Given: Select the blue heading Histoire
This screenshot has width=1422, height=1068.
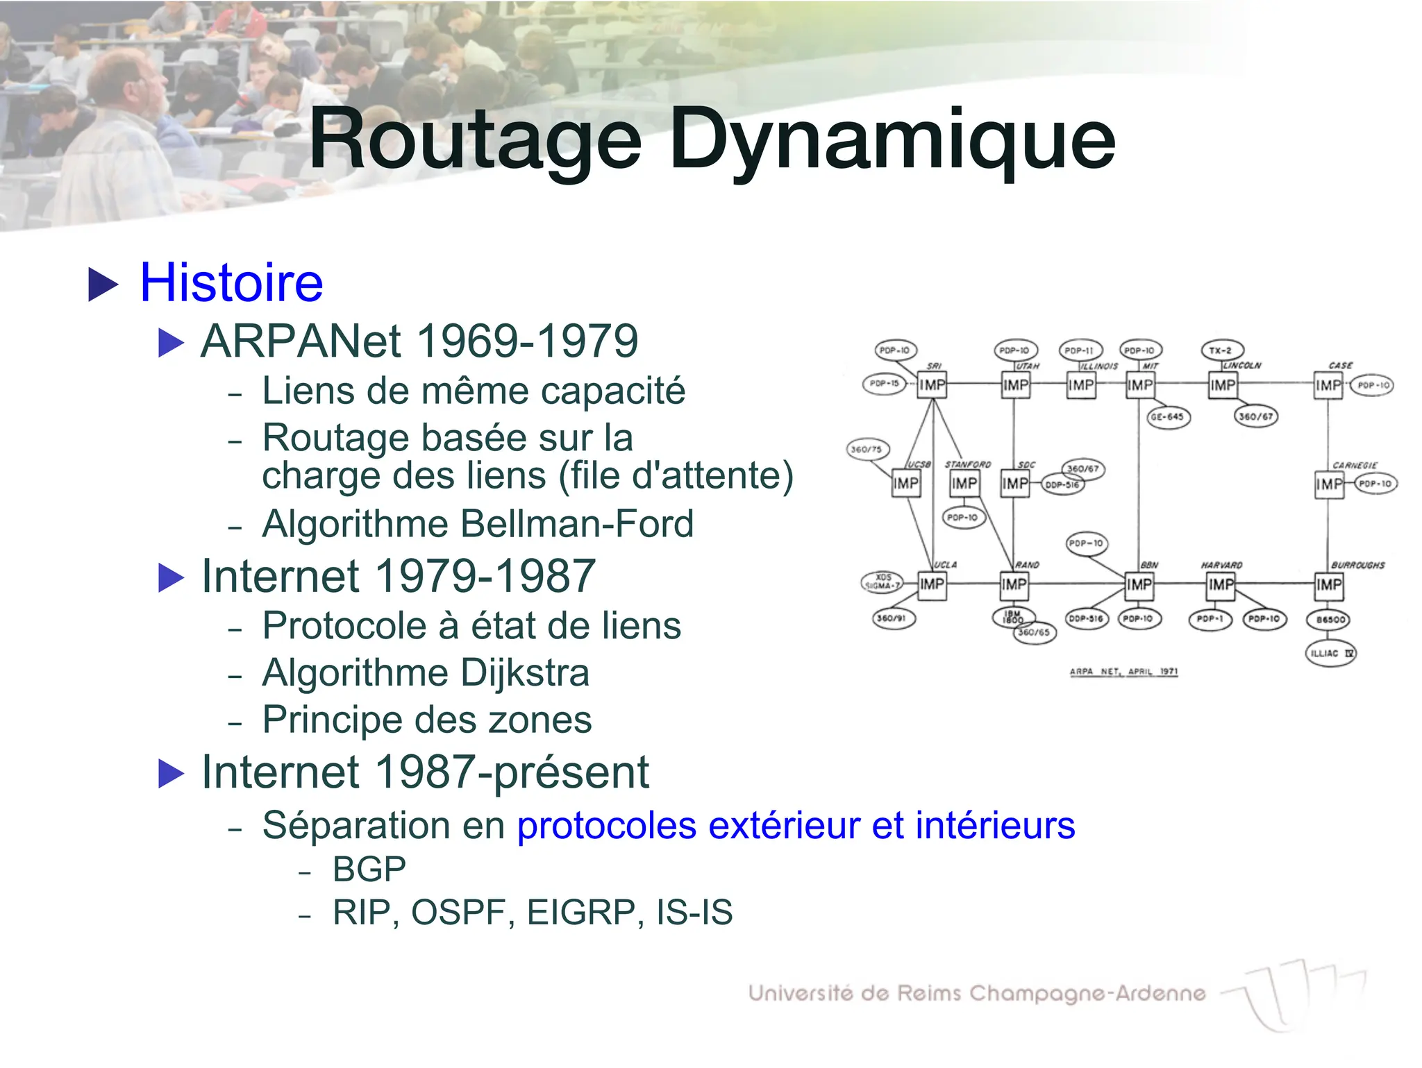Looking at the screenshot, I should pos(231,283).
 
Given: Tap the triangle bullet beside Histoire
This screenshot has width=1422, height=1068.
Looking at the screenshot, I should pos(103,285).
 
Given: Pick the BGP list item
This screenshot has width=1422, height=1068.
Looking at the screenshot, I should pos(369,870).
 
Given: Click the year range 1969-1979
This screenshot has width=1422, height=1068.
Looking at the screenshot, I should pos(527,341).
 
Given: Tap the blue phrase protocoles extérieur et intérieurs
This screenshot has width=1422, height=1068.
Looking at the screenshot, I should pos(796,826).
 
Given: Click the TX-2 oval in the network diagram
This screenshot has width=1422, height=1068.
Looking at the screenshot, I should pos(1222,350).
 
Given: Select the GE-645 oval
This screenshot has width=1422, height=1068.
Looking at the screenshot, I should pos(1167,417).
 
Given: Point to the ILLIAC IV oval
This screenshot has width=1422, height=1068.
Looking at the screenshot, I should pos(1330,654).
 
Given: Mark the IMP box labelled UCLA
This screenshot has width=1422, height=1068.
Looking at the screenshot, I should pos(932,585).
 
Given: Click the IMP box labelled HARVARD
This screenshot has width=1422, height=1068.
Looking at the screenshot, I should pos(1221,585).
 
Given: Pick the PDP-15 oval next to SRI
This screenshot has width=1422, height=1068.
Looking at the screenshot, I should pos(884,383).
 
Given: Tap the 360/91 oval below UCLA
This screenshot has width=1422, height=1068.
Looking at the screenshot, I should pos(894,618).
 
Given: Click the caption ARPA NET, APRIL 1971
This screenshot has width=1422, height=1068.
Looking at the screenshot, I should pos(1123,672).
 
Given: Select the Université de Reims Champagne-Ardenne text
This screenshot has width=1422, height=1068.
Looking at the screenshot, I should pos(976,994).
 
